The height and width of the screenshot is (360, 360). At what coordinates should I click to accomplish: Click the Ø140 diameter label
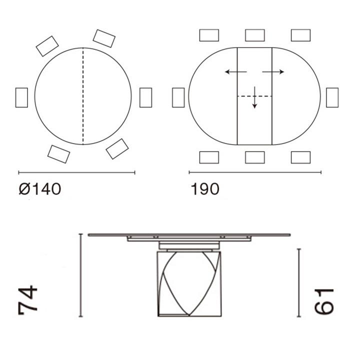pyautogui.click(x=40, y=189)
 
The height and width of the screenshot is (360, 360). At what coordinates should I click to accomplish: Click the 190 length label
pyautogui.click(x=205, y=189)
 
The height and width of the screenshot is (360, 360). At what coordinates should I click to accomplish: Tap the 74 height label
pyautogui.click(x=27, y=300)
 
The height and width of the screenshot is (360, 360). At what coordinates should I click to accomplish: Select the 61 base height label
pyautogui.click(x=323, y=301)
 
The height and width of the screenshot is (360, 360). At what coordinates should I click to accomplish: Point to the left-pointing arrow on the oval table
pyautogui.click(x=236, y=72)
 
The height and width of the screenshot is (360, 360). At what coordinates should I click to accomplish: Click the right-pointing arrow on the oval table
pyautogui.click(x=273, y=72)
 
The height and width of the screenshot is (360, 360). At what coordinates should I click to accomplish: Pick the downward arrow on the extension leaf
pyautogui.click(x=254, y=97)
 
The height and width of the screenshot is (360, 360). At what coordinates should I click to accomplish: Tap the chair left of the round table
pyautogui.click(x=21, y=97)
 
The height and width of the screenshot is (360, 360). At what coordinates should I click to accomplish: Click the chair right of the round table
pyautogui.click(x=145, y=97)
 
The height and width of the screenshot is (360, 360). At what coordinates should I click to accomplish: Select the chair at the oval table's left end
pyautogui.click(x=178, y=97)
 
